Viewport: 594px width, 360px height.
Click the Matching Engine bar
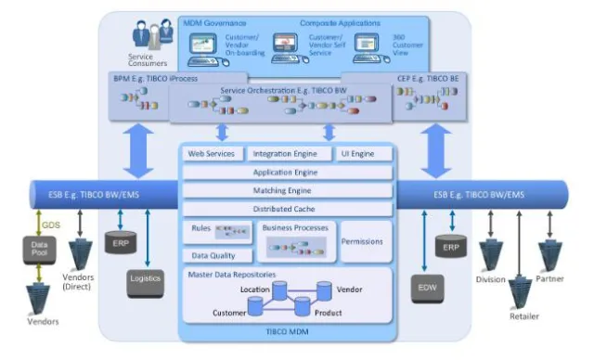(289, 190)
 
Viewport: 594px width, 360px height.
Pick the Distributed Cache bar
(289, 209)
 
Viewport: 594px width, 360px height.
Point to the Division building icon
(489, 254)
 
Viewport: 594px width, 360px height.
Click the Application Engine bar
(289, 172)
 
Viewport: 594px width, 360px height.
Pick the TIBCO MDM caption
(289, 330)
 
